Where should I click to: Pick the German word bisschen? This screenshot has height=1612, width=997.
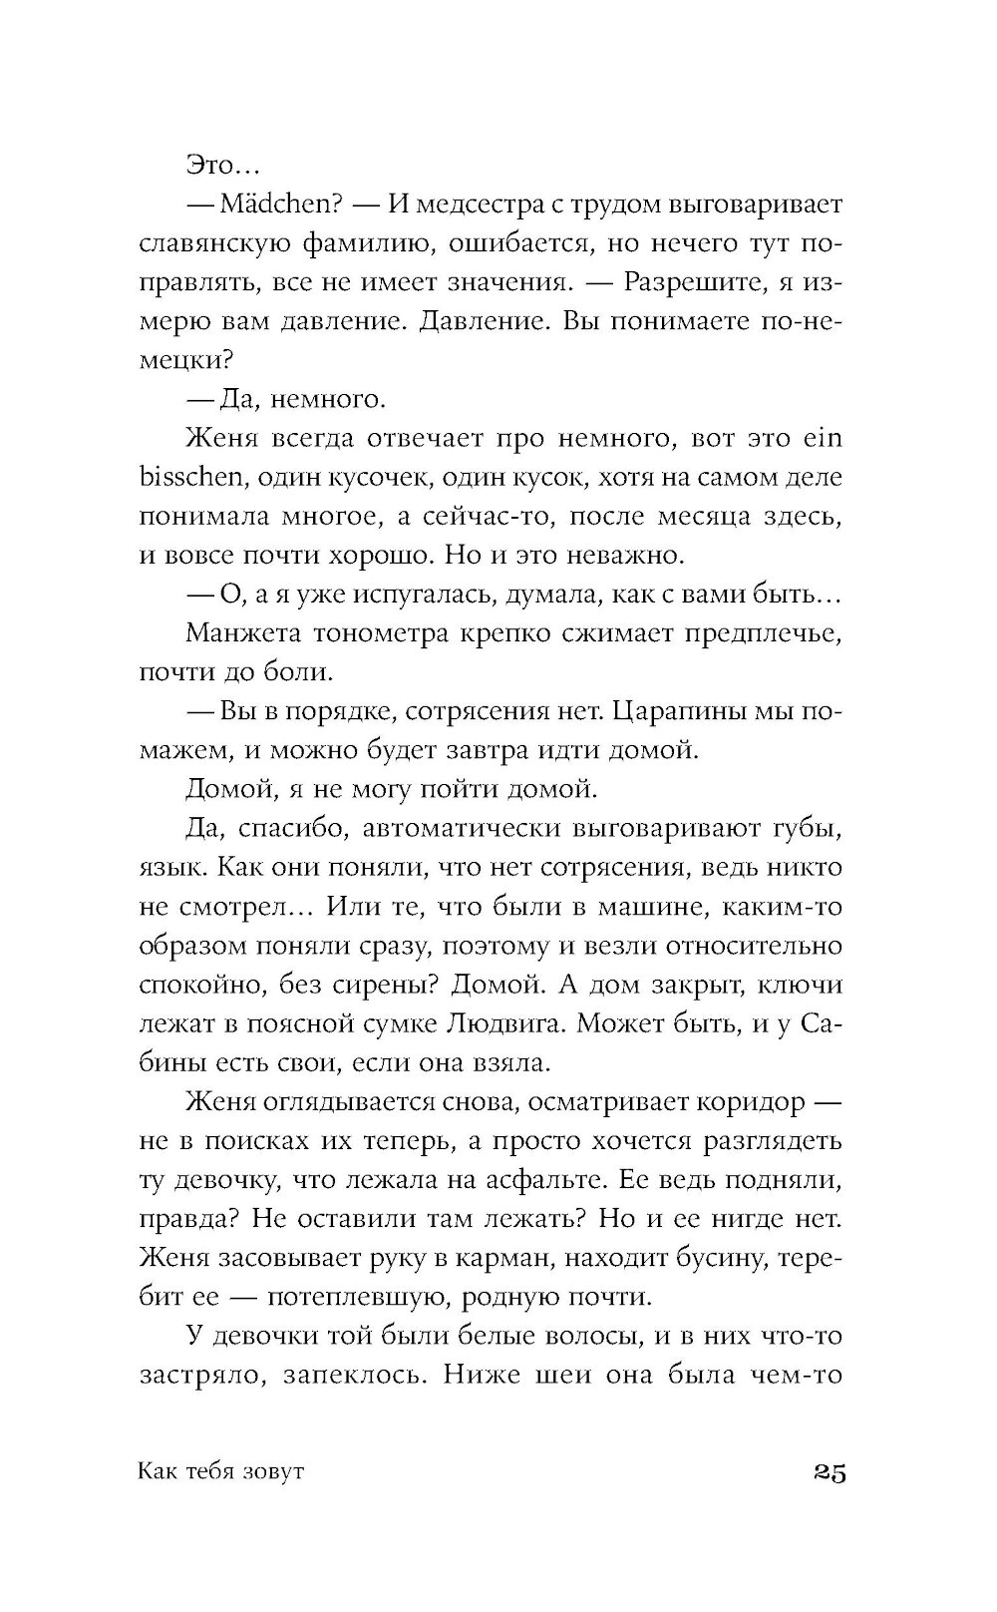(192, 478)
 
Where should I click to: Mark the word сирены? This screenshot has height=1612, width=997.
(382, 985)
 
